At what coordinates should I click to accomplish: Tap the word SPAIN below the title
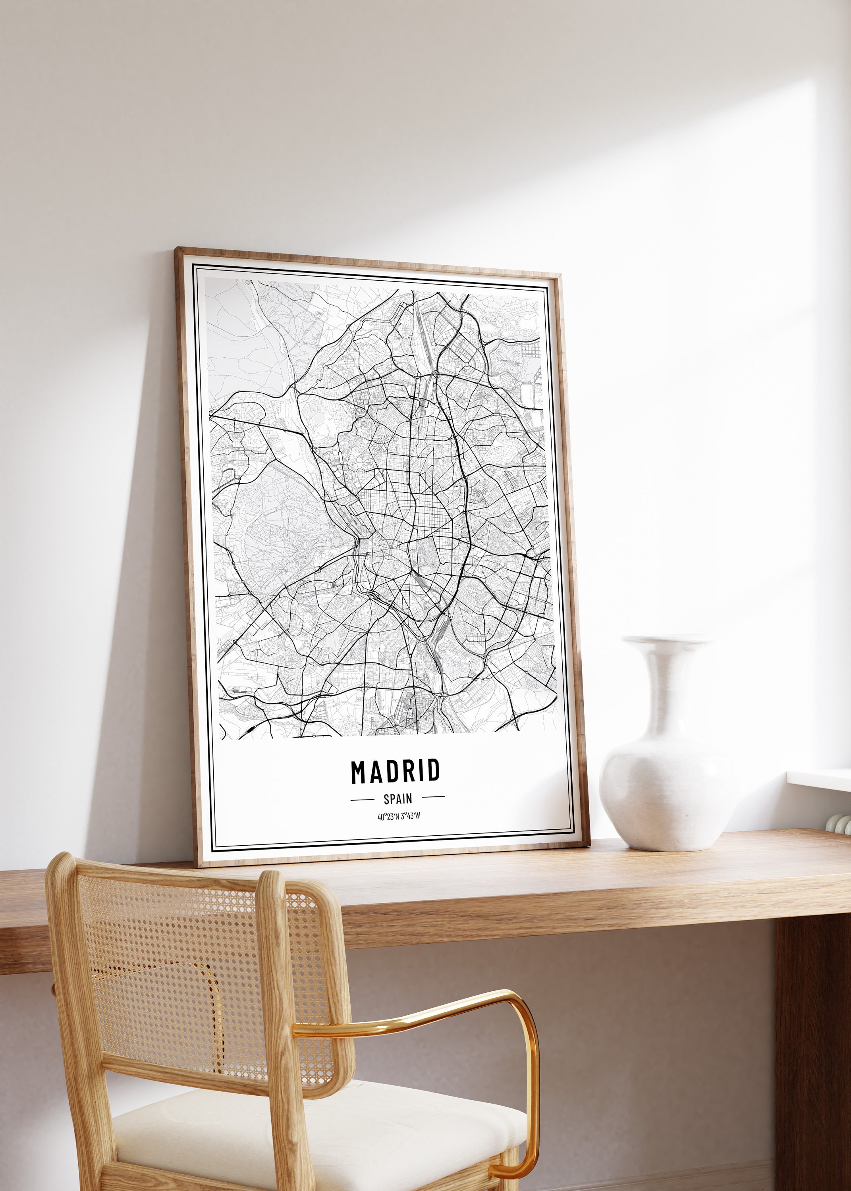tap(398, 799)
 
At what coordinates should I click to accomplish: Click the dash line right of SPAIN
tap(433, 797)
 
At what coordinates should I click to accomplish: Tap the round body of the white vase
tap(668, 786)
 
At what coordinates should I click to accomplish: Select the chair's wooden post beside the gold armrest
tap(278, 995)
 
